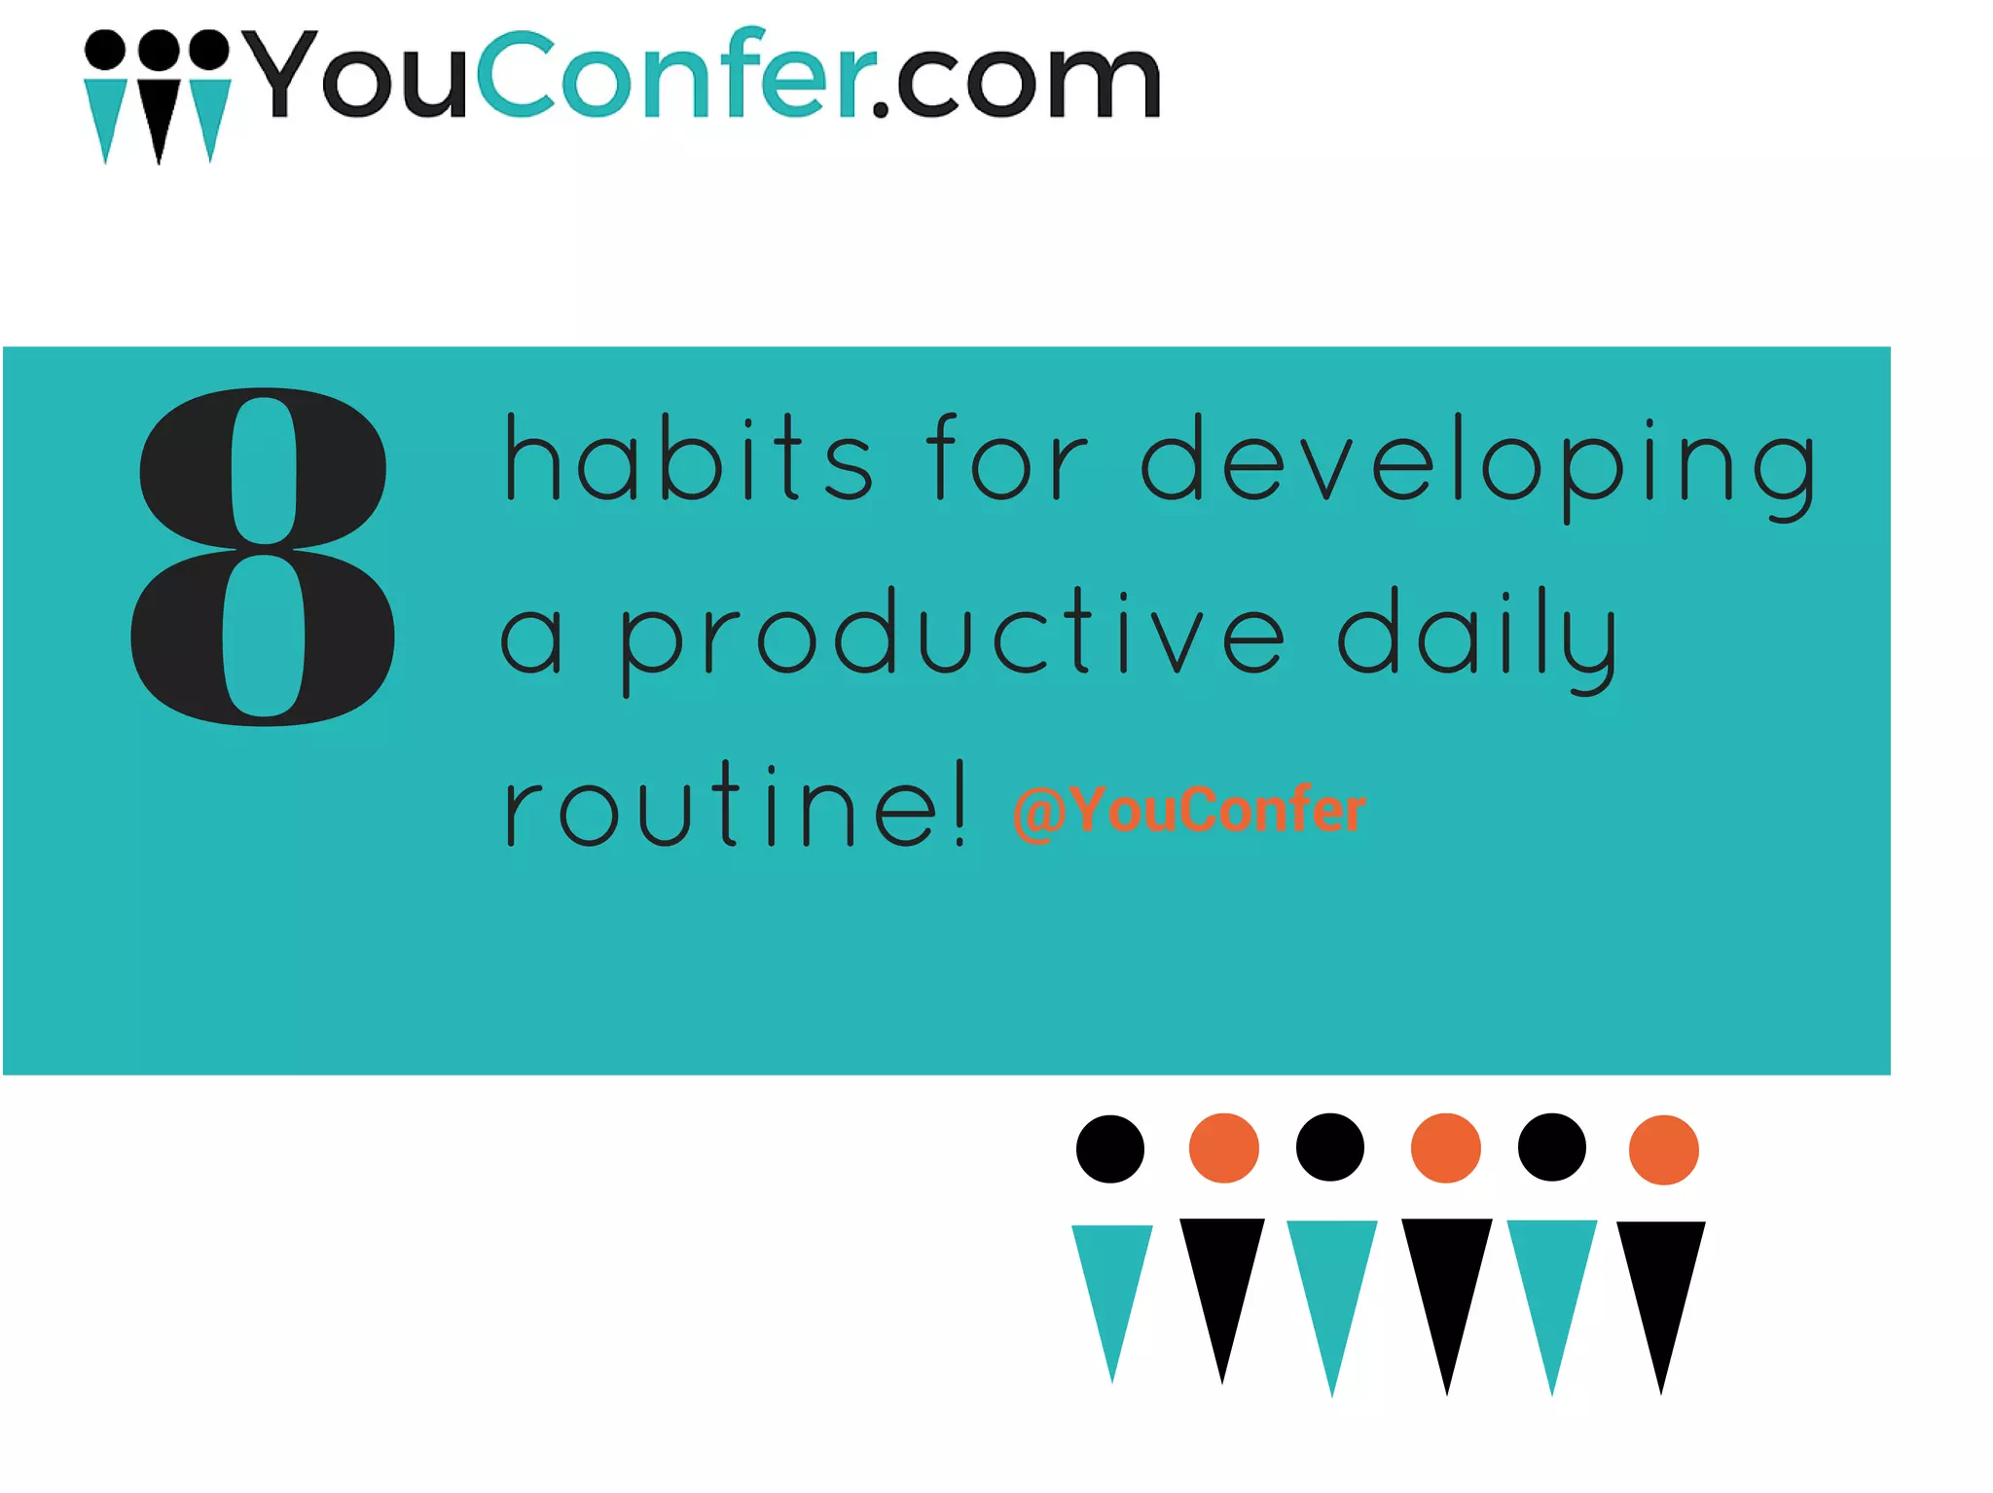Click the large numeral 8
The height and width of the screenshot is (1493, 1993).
pyautogui.click(x=263, y=557)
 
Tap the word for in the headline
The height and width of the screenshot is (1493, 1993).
pyautogui.click(x=1004, y=457)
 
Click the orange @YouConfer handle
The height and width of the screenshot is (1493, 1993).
pyautogui.click(x=1189, y=810)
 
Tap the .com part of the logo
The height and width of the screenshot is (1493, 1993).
pyautogui.click(x=1016, y=82)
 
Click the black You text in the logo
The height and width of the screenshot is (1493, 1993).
pyautogui.click(x=354, y=76)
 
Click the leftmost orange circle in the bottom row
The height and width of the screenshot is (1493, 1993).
pyautogui.click(x=1223, y=1148)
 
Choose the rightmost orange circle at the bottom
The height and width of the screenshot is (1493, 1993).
pyautogui.click(x=1663, y=1149)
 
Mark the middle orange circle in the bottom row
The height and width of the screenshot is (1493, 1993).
pyautogui.click(x=1445, y=1148)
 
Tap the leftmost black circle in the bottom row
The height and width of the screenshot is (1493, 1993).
pyautogui.click(x=1109, y=1149)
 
